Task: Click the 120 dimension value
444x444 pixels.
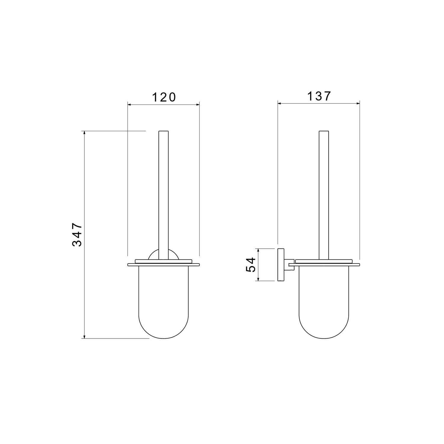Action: (x=164, y=97)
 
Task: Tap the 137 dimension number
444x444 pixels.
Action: (x=318, y=96)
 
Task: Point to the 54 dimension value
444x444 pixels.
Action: (x=250, y=264)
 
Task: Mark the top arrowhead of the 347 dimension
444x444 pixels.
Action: (x=85, y=133)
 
